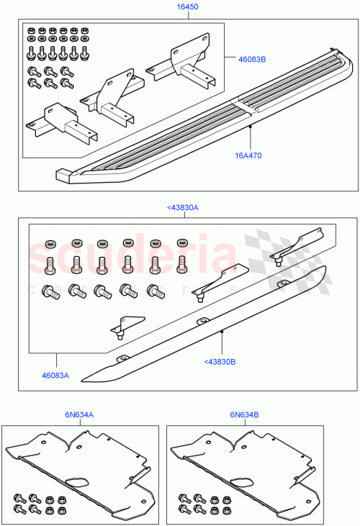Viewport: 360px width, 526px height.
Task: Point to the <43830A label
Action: (182, 207)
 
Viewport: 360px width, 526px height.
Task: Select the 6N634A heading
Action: (81, 414)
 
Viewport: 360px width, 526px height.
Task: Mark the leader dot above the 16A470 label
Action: (250, 126)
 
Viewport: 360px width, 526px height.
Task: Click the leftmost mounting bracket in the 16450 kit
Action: (54, 122)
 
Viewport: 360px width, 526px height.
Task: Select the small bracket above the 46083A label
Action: (120, 327)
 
